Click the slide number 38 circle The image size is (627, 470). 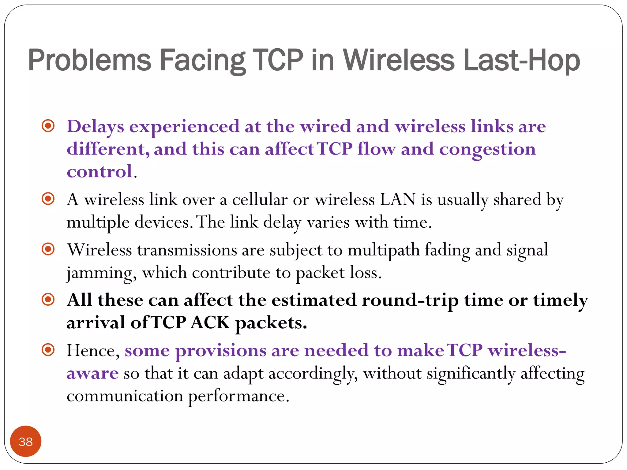pos(25,441)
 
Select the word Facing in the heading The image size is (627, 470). pos(202,61)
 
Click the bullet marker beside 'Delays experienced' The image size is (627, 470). pos(48,126)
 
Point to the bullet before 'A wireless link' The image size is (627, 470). pos(48,199)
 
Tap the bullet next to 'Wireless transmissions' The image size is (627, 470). pos(48,249)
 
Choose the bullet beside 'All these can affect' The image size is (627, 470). pos(48,299)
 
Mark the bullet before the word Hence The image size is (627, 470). pos(48,349)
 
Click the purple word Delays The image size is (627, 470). pos(95,127)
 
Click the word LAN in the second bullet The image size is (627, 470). pos(398,200)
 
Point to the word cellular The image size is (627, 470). pos(260,200)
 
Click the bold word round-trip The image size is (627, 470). pos(410,300)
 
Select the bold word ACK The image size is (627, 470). pos(210,323)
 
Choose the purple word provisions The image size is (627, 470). pos(220,351)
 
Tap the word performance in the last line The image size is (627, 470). pos(238,397)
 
